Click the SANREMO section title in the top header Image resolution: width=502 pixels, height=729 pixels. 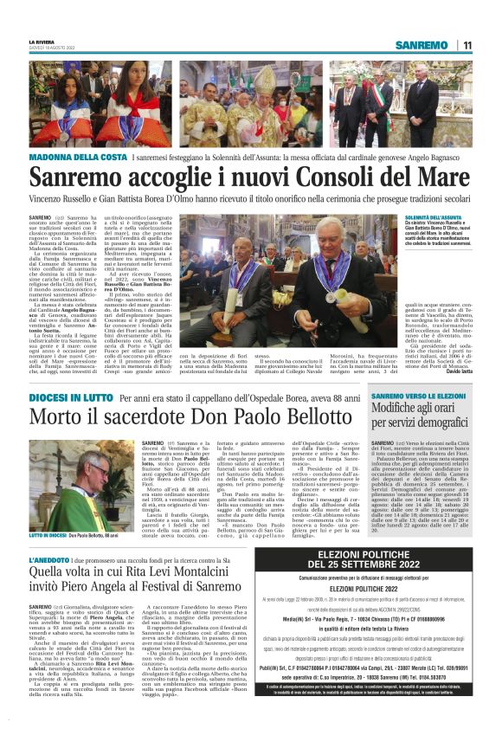[422, 45]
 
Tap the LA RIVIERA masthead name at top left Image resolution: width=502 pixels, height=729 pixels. [42, 42]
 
